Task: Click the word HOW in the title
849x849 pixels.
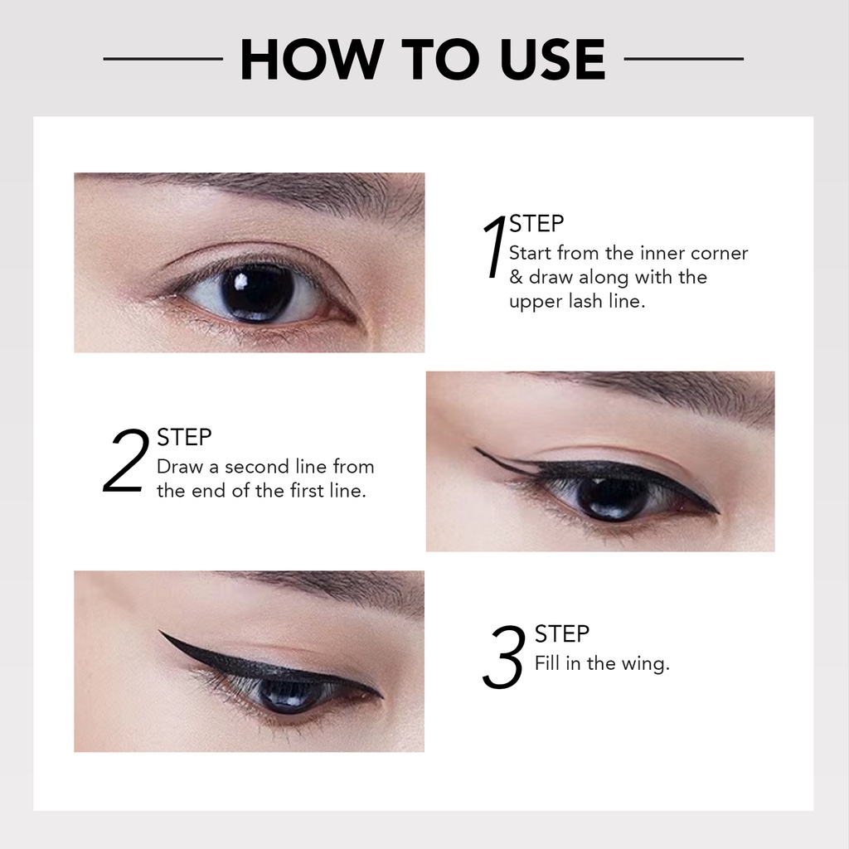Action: point(308,59)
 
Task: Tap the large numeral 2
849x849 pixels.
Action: point(126,460)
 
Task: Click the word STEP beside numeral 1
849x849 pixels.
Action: point(536,224)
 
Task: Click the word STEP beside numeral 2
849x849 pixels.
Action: point(184,438)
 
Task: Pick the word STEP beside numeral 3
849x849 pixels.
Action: point(562,634)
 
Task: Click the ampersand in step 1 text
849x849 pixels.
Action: point(516,277)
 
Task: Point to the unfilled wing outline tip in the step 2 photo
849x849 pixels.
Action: point(475,449)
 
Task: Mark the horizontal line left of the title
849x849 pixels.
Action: point(163,59)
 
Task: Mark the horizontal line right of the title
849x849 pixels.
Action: point(684,59)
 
